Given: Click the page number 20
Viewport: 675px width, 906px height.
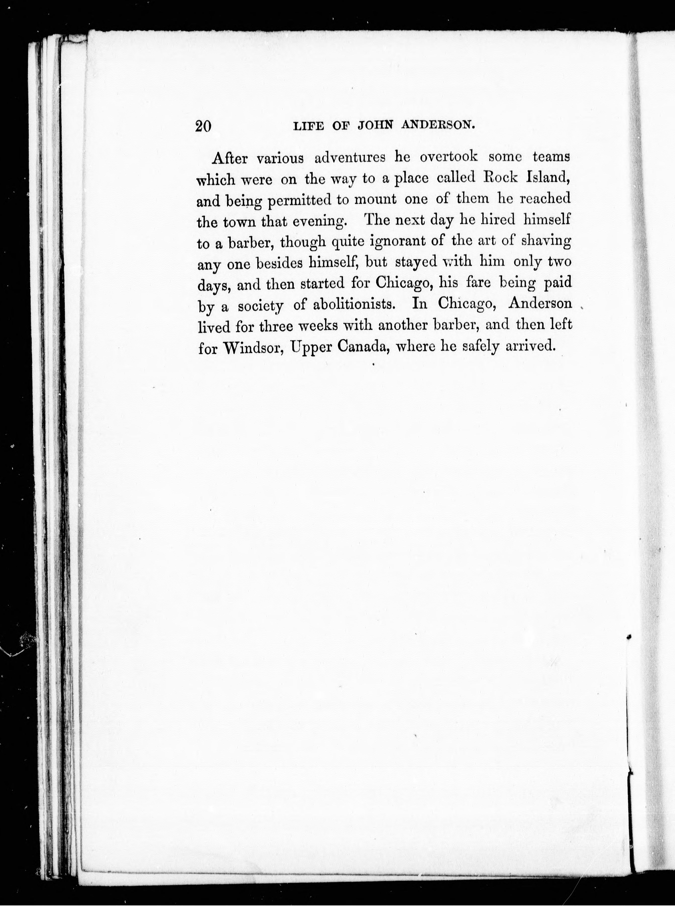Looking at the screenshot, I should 203,126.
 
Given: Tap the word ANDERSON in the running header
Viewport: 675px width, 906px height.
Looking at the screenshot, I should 438,126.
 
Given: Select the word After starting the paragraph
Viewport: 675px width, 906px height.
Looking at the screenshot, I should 230,158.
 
